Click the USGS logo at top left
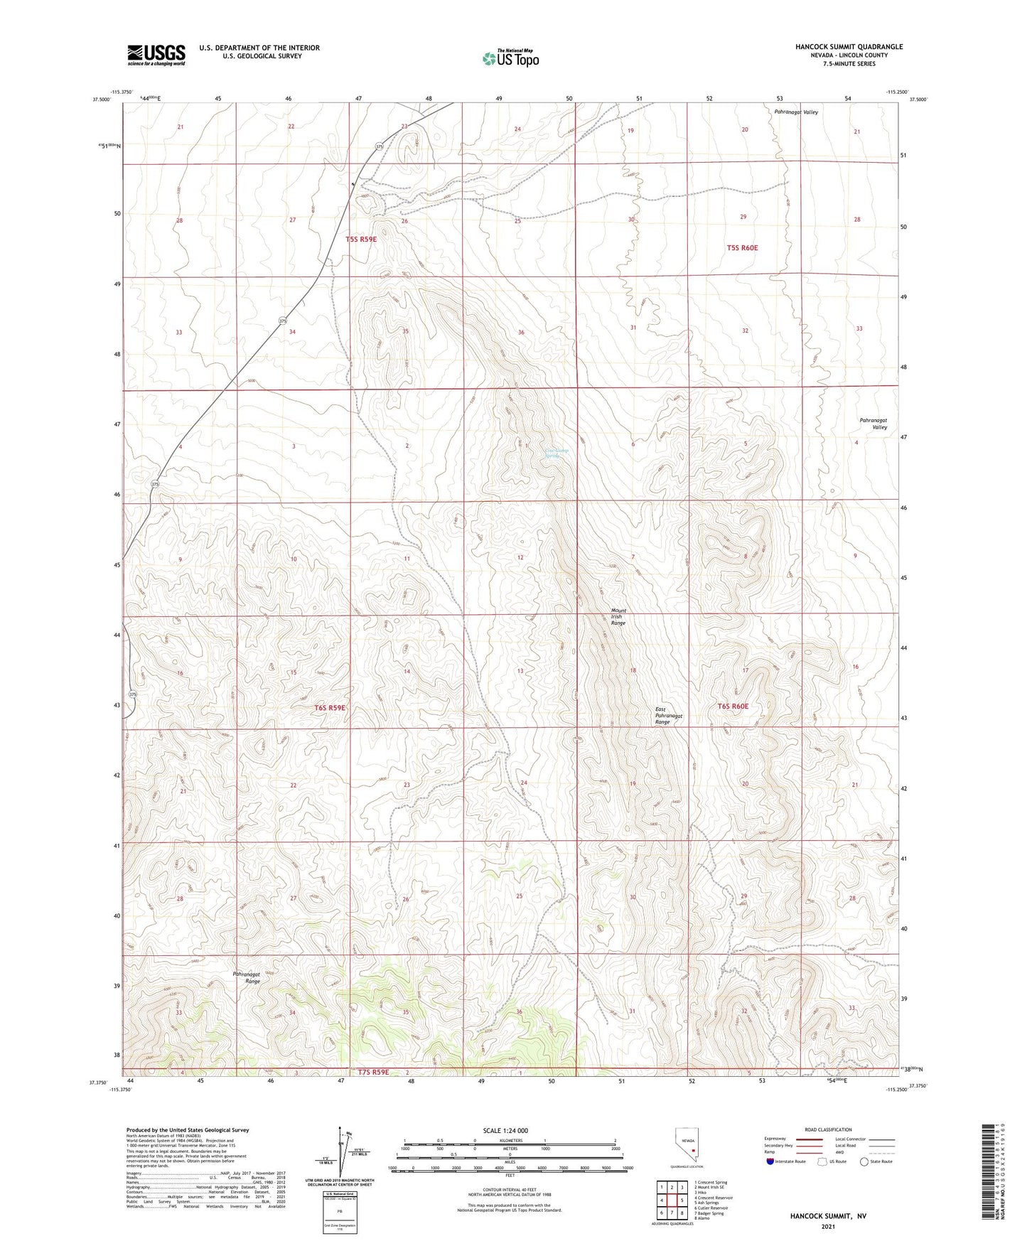click(x=156, y=54)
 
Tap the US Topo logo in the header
click(x=510, y=58)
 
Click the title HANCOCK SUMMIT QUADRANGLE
click(x=849, y=47)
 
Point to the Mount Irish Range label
click(x=618, y=616)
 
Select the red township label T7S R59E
click(x=369, y=1072)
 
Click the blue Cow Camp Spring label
click(x=556, y=453)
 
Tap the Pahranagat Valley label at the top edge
click(x=796, y=112)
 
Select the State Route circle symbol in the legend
click(x=864, y=1161)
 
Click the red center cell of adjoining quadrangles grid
click(x=672, y=1200)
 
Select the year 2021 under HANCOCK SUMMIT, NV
click(x=828, y=1227)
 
